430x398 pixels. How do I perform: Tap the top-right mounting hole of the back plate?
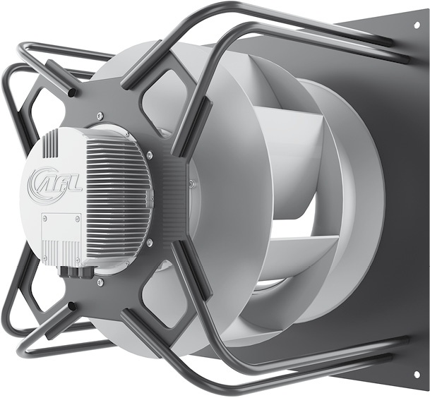[x=417, y=25]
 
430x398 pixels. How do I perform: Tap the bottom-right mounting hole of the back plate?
[x=417, y=373]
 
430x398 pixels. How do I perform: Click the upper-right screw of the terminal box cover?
[x=78, y=219]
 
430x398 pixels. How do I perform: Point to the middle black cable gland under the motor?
[x=72, y=272]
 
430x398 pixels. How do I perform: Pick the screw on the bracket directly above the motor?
[x=100, y=116]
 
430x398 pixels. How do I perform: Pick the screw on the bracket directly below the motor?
[x=101, y=281]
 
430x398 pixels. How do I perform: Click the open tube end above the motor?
[x=71, y=92]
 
